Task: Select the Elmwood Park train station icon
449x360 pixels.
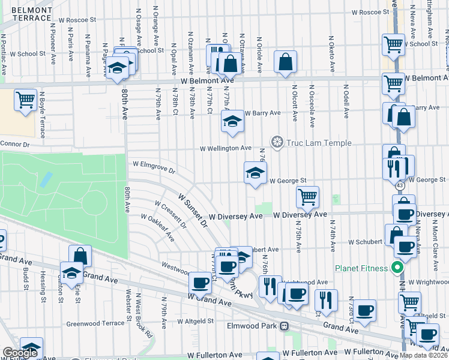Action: point(286,326)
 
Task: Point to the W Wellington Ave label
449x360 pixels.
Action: point(226,148)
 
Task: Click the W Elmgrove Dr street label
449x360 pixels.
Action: point(154,166)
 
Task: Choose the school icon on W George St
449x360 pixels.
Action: point(256,173)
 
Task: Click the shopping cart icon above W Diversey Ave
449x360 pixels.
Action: point(307,196)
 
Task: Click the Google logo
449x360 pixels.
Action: point(19,353)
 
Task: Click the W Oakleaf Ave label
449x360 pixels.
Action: point(157,229)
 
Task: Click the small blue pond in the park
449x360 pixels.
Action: point(44,179)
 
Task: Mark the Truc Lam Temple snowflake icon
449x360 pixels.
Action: point(277,142)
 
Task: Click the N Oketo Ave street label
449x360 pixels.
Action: point(331,54)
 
